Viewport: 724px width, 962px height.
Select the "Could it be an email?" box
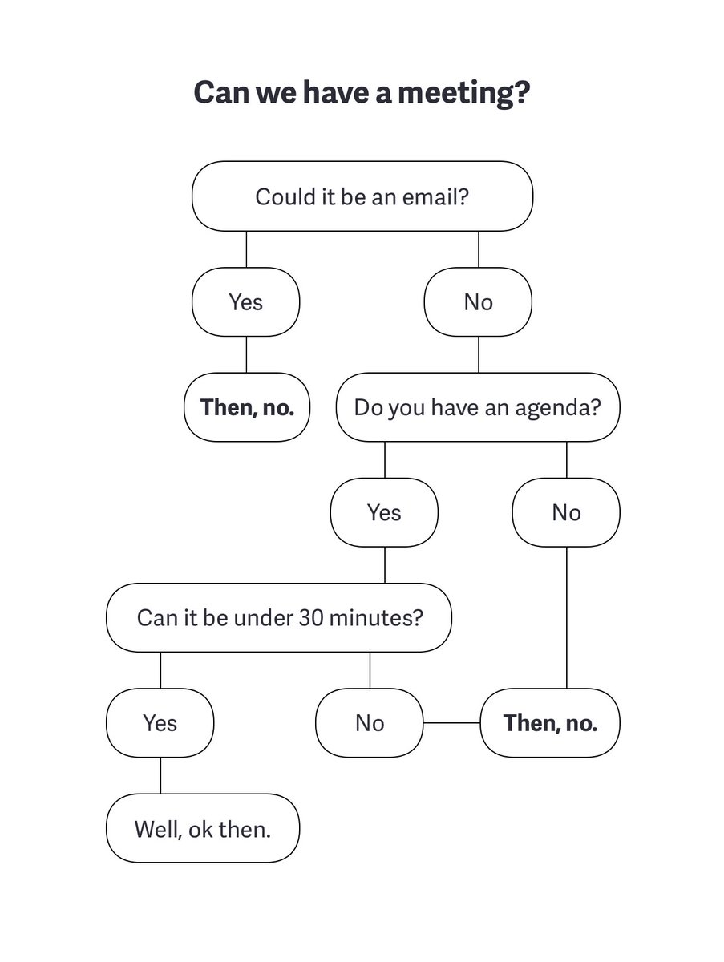point(362,196)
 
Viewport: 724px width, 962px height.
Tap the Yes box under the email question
point(245,302)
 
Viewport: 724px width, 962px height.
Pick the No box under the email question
point(478,302)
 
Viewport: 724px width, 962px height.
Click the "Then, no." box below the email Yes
point(247,407)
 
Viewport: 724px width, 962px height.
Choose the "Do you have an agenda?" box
point(477,407)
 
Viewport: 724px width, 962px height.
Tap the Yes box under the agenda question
point(384,512)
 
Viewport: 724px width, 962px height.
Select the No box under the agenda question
point(566,512)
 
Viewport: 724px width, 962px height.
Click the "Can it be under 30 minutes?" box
point(279,618)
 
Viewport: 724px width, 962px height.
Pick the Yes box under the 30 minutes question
point(160,723)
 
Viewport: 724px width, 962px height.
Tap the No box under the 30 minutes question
point(370,723)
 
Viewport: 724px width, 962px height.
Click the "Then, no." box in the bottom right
point(550,723)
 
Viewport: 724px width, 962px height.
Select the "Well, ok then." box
point(203,828)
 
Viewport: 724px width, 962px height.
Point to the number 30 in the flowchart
point(311,618)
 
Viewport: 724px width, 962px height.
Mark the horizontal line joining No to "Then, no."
point(451,723)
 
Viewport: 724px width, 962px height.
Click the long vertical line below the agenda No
point(566,617)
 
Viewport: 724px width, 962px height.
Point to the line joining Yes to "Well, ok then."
point(160,775)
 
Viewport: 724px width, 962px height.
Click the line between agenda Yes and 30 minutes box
point(385,565)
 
